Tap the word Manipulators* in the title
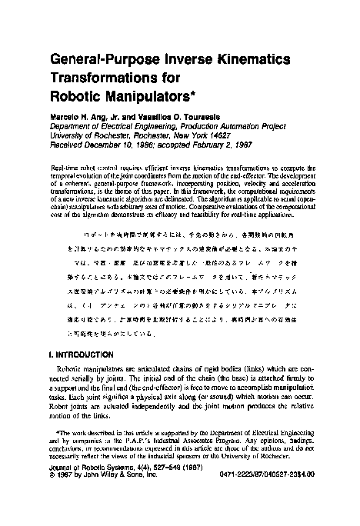(148, 98)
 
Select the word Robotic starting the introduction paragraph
(72, 369)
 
